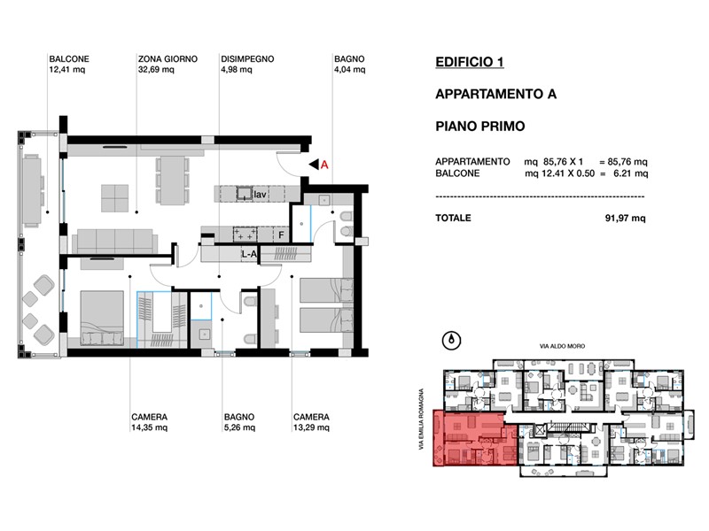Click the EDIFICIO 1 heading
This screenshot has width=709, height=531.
pyautogui.click(x=470, y=62)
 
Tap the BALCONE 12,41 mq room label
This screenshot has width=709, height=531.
pyautogui.click(x=69, y=64)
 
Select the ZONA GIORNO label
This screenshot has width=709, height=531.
pyautogui.click(x=168, y=64)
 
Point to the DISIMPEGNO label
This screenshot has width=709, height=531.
pyautogui.click(x=247, y=64)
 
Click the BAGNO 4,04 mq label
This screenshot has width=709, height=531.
pyautogui.click(x=349, y=64)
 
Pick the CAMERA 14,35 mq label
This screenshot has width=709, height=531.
pyautogui.click(x=149, y=422)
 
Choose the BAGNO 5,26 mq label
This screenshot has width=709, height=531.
pyautogui.click(x=239, y=422)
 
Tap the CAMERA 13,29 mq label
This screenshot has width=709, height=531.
pyautogui.click(x=311, y=422)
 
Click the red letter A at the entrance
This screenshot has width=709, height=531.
pyautogui.click(x=324, y=165)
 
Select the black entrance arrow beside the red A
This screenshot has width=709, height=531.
pyautogui.click(x=314, y=165)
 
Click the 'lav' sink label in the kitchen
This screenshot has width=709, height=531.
pyautogui.click(x=260, y=195)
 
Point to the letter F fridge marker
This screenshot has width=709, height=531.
pyautogui.click(x=281, y=235)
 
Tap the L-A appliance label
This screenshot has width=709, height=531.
pyautogui.click(x=249, y=254)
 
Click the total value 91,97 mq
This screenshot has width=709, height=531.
pyautogui.click(x=626, y=218)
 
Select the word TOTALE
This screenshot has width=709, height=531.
pyautogui.click(x=453, y=218)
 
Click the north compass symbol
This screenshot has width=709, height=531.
pyautogui.click(x=451, y=341)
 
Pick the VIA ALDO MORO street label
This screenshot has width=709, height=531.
pyautogui.click(x=562, y=346)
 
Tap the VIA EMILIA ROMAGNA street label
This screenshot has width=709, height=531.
pyautogui.click(x=422, y=419)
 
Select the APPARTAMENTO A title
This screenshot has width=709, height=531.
pyautogui.click(x=495, y=94)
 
